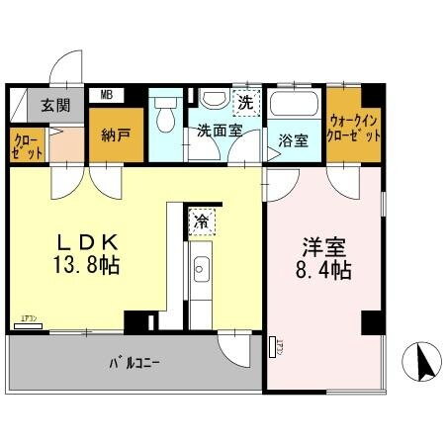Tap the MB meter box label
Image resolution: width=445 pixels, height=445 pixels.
(x=105, y=95)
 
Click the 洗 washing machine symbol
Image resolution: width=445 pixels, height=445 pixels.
(x=244, y=100)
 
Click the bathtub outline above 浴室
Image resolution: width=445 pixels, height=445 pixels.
(x=293, y=107)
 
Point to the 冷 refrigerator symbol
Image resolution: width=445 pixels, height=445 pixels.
(x=202, y=222)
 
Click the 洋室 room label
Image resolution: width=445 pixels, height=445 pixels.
(x=323, y=244)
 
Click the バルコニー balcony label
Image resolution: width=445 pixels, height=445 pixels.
(x=133, y=362)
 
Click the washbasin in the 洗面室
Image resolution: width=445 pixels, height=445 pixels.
(x=212, y=101)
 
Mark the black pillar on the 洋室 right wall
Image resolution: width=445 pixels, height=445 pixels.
(x=372, y=321)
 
